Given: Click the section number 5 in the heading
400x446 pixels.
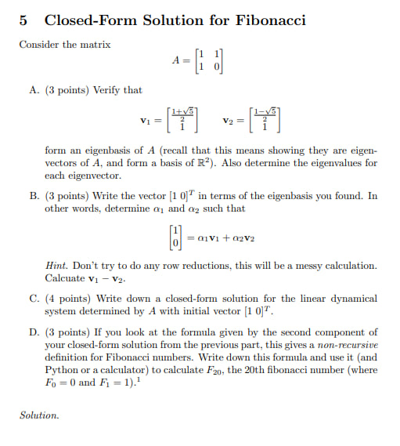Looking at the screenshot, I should click(x=23, y=20).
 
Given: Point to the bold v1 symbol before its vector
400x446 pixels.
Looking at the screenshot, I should click(x=146, y=121).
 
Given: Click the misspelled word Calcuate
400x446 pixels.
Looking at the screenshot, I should click(x=65, y=278).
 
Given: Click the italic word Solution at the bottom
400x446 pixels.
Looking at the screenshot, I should click(x=39, y=415).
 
